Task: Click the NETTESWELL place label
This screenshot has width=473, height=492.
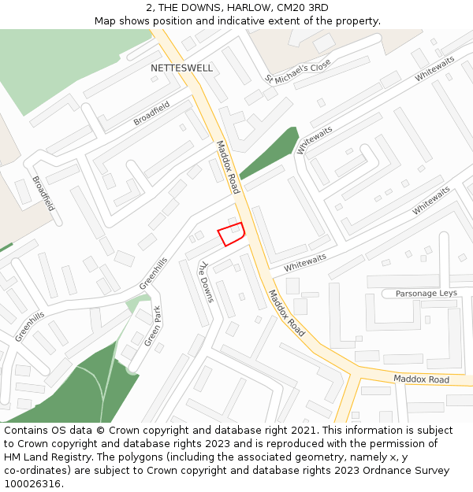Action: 181,68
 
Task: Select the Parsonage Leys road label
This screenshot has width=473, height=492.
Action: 426,294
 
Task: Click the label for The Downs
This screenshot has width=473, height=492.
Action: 206,282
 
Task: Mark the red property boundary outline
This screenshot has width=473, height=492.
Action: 230,234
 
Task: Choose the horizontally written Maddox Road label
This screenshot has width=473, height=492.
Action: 421,379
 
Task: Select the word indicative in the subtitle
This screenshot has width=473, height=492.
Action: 223,21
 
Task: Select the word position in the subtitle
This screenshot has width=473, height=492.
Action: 173,21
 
